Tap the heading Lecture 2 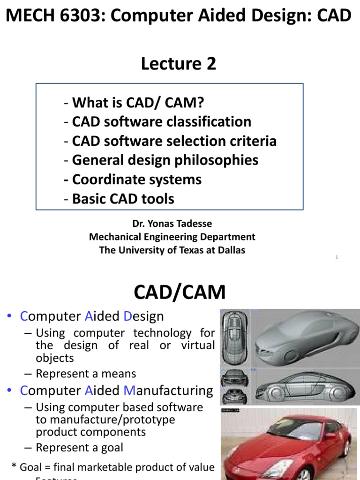click(179, 64)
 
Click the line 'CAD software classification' click(161, 122)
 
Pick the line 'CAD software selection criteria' click(174, 141)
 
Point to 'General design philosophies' click(165, 160)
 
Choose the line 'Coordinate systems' click(136, 180)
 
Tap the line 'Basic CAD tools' click(123, 199)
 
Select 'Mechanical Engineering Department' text click(172, 237)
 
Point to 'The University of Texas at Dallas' click(172, 250)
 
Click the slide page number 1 click(337, 257)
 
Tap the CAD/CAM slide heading click(180, 292)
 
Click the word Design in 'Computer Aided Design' click(144, 316)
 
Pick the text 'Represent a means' click(86, 374)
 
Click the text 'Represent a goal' click(79, 447)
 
